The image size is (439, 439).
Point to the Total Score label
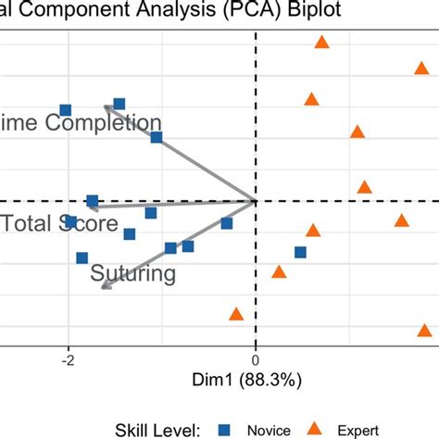59,224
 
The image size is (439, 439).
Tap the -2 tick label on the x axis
67,361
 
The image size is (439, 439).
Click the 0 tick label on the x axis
256,361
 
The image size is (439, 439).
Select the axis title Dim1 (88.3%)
256,381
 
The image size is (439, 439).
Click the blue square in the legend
223,429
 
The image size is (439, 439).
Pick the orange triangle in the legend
314,428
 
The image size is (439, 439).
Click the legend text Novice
269,429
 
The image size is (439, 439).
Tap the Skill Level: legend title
158,429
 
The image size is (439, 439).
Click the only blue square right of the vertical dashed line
300,252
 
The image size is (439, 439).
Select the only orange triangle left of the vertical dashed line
236,315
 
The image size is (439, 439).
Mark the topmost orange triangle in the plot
322,42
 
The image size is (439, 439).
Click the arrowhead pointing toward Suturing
103,287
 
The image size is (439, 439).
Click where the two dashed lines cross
256,200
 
